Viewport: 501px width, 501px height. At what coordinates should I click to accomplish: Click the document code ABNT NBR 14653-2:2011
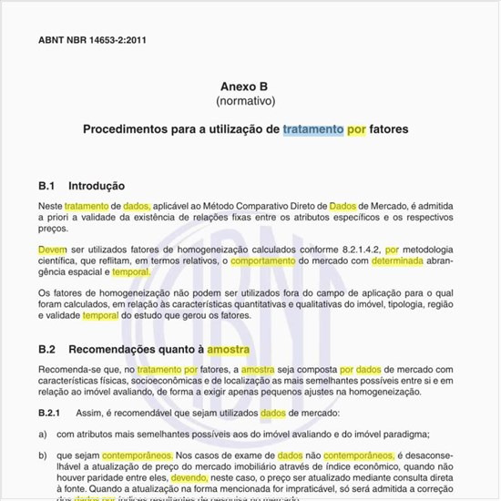click(x=93, y=41)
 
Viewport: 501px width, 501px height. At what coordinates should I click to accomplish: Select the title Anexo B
click(x=245, y=86)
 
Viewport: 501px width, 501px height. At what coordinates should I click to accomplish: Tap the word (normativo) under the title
click(x=245, y=100)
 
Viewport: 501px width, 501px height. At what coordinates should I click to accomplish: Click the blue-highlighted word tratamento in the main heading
click(x=312, y=130)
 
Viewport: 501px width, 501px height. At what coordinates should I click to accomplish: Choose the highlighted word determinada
click(x=397, y=260)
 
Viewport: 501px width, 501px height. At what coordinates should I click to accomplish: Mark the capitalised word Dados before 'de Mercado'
click(x=343, y=207)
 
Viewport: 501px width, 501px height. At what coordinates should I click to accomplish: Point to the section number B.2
click(x=47, y=350)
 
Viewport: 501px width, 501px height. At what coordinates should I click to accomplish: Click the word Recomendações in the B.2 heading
click(x=114, y=350)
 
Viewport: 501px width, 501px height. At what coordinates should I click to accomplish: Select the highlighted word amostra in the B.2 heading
click(x=228, y=350)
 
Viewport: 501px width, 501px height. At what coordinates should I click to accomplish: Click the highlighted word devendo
click(x=189, y=475)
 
